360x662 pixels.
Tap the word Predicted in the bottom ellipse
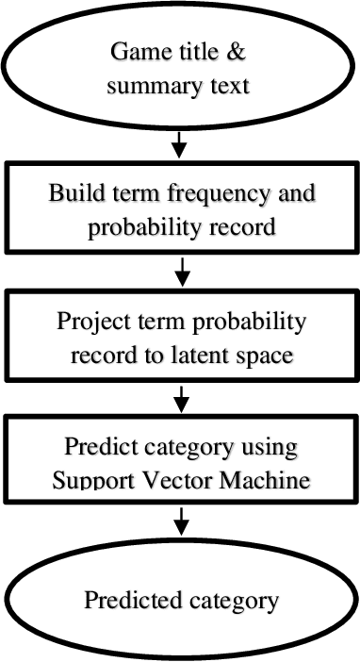pos(131,599)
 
